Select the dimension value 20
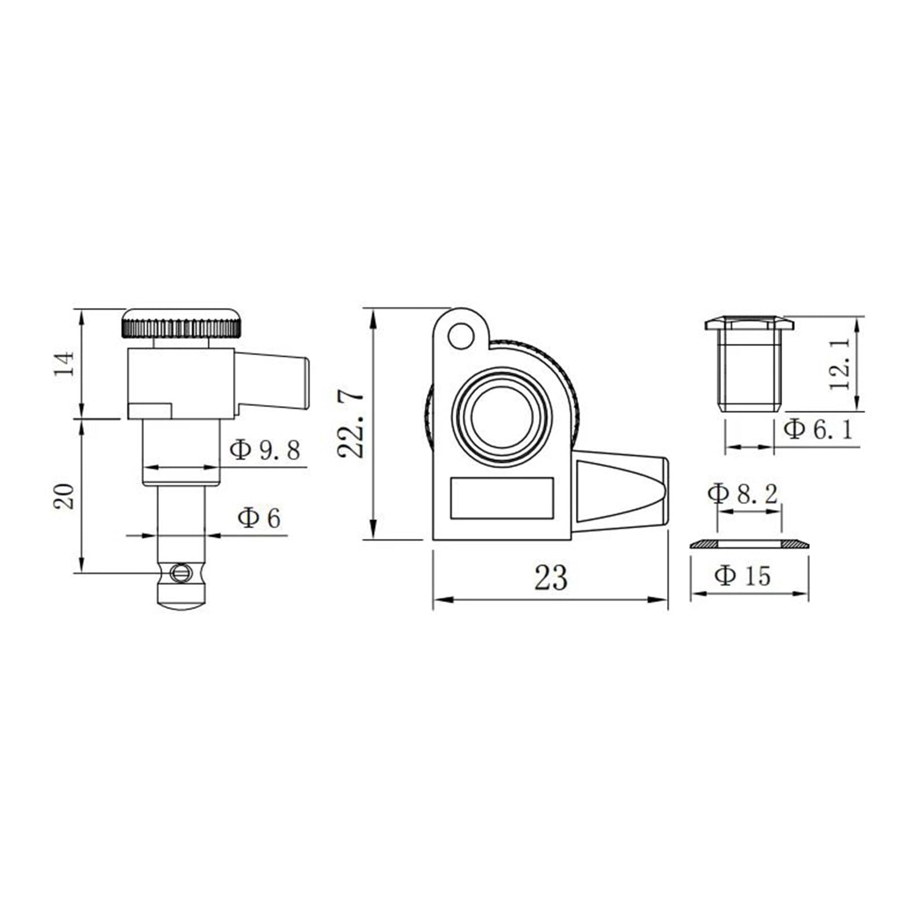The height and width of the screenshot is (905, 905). click(64, 496)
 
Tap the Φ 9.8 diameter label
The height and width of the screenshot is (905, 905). click(265, 450)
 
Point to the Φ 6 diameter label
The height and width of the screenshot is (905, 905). click(259, 518)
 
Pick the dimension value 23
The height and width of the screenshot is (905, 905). click(550, 578)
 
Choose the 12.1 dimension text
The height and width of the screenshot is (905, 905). click(840, 364)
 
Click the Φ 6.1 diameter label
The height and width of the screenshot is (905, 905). click(818, 429)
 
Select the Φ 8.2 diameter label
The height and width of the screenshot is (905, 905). click(743, 494)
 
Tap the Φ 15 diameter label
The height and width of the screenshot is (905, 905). click(743, 576)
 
